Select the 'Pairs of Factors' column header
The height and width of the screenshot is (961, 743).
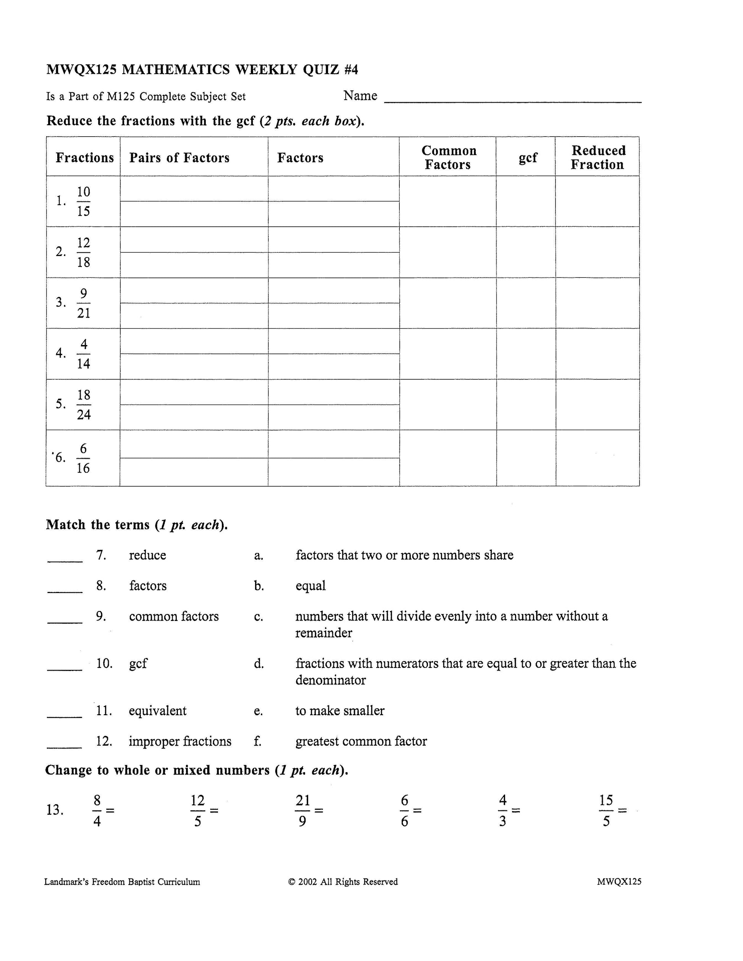pos(179,158)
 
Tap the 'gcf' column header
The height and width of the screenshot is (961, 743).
pos(527,158)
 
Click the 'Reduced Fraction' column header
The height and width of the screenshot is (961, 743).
pos(598,158)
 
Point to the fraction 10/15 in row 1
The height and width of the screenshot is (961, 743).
pos(83,202)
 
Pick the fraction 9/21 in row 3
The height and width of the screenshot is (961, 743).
pos(83,303)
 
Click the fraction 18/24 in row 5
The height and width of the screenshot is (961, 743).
pos(84,405)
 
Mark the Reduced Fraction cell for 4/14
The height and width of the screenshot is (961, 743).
pos(597,354)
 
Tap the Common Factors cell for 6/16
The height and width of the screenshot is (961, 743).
pos(447,458)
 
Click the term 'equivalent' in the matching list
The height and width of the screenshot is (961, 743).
pos(158,711)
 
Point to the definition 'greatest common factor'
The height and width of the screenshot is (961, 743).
pos(361,742)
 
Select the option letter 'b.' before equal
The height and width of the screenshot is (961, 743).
pos(259,586)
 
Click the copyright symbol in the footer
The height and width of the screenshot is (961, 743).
pos(291,882)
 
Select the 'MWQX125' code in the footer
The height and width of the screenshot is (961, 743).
pos(619,881)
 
